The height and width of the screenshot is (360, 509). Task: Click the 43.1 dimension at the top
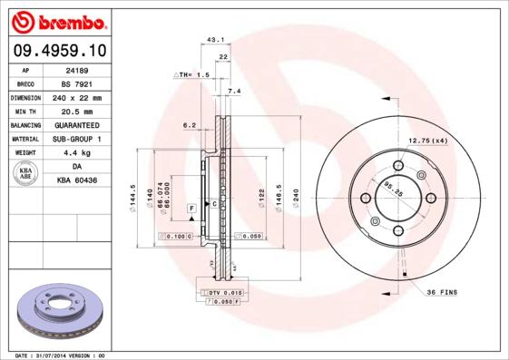click(215, 40)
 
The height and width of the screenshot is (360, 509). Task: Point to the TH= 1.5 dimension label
click(192, 74)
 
